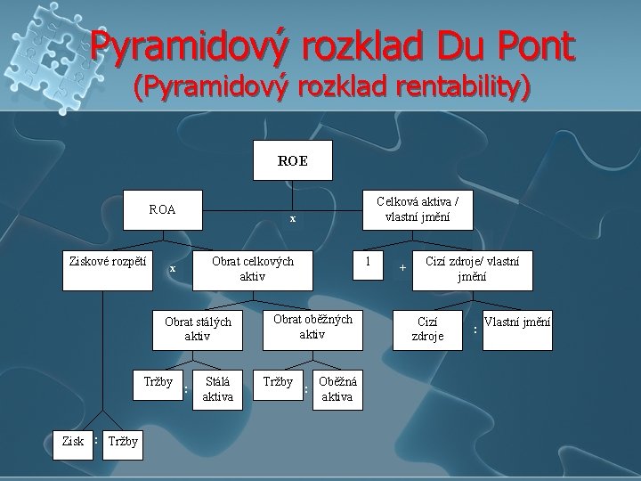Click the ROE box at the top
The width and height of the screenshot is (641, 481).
click(293, 160)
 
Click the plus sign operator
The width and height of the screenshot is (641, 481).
click(402, 267)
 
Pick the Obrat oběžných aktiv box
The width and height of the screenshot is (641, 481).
click(312, 327)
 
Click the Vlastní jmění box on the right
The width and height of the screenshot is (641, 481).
click(516, 329)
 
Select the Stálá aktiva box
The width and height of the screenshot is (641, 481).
click(218, 389)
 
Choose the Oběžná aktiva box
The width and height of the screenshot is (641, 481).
click(337, 389)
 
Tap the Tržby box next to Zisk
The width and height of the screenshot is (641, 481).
click(121, 441)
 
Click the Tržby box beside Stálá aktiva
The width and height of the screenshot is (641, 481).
click(158, 383)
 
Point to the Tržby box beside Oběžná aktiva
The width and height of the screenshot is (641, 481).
click(278, 383)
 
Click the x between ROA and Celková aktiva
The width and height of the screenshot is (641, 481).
click(293, 218)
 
